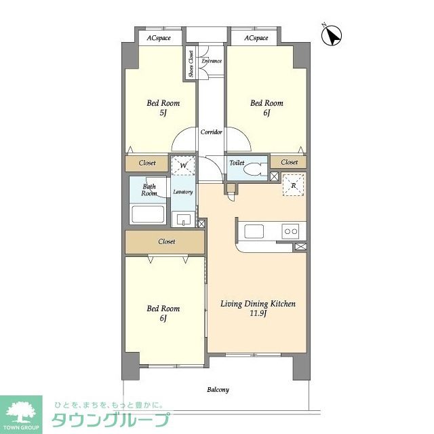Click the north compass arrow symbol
[x=332, y=35]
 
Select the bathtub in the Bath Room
[x=148, y=214]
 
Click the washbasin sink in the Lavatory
[x=183, y=219]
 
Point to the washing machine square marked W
[x=183, y=165]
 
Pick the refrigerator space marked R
[x=294, y=185]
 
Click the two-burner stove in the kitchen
[x=291, y=231]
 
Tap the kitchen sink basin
[x=254, y=231]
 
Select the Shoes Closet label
[x=191, y=63]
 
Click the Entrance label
[x=212, y=61]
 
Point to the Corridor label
[x=212, y=132]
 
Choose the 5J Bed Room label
[x=163, y=108]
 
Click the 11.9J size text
[x=258, y=313]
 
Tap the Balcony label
[x=218, y=390]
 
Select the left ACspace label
[x=159, y=38]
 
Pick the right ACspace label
[x=256, y=38]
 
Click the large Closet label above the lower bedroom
[x=167, y=241]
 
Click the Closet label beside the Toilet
[x=290, y=162]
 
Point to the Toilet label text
[x=237, y=163]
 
